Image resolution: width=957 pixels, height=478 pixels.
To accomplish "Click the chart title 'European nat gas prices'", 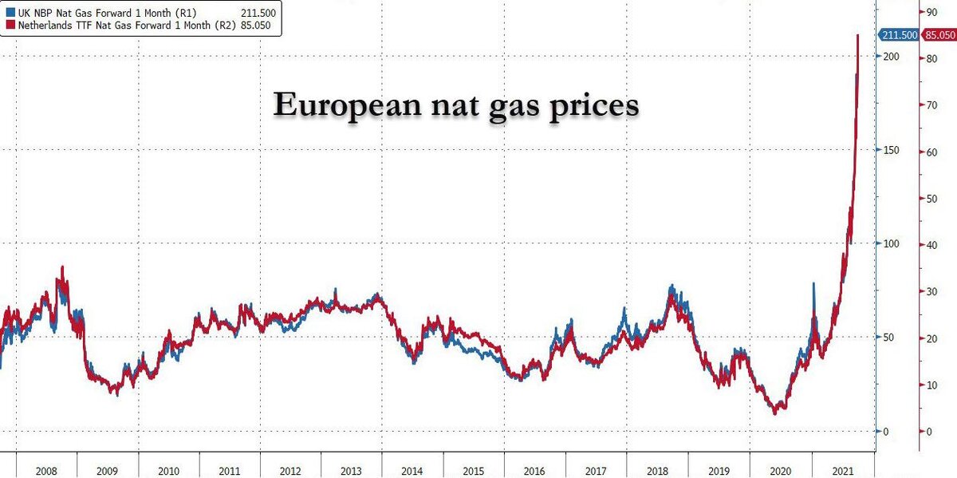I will click(455, 105).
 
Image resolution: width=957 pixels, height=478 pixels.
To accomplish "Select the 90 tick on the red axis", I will click(928, 12).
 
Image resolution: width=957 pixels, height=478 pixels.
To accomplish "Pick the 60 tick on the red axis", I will click(928, 152).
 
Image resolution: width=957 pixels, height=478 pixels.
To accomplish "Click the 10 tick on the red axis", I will click(928, 385).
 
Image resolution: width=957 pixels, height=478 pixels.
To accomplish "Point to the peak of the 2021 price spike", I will click(858, 36).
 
